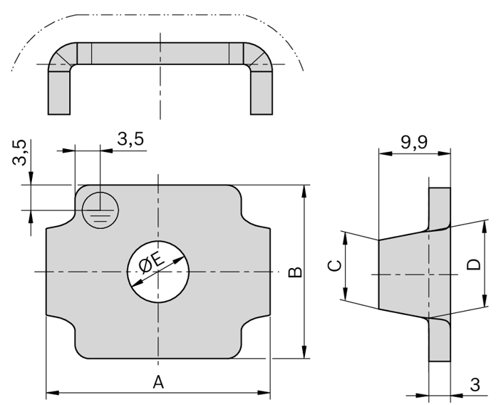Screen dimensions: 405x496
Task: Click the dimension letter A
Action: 158,381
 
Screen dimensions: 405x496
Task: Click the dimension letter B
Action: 294,272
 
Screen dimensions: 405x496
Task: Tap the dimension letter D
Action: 472,265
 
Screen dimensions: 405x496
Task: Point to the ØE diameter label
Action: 149,264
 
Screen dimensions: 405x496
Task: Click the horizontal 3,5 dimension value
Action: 130,139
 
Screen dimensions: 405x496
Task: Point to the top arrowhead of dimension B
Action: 305,190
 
